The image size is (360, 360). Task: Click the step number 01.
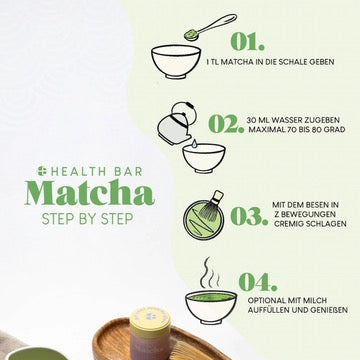248,42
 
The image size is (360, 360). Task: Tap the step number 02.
226,124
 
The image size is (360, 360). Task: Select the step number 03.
249,216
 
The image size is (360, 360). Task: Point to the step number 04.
258,282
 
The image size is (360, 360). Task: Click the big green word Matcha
90,193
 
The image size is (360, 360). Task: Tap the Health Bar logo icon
41,171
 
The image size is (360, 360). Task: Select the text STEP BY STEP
87,219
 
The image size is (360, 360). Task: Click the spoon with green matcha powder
210,26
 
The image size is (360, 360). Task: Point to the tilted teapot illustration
175,124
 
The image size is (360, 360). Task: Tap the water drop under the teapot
195,144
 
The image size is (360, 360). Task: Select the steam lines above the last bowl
209,273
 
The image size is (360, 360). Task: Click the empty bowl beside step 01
176,62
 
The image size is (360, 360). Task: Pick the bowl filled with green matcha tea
211,307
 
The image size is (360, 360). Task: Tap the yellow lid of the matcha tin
150,320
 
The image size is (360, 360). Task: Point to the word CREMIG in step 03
287,224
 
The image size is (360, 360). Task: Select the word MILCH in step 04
315,301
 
